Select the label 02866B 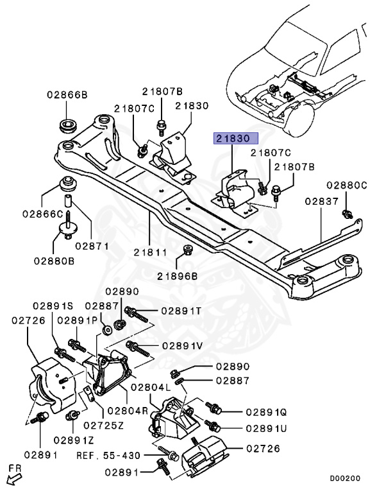click(x=66, y=95)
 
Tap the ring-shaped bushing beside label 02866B click(x=66, y=124)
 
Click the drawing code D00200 click(x=345, y=478)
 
